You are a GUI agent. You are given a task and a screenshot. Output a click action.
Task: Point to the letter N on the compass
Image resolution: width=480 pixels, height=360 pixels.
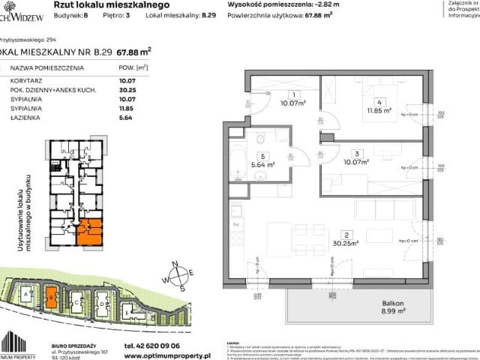click(x=174, y=262)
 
